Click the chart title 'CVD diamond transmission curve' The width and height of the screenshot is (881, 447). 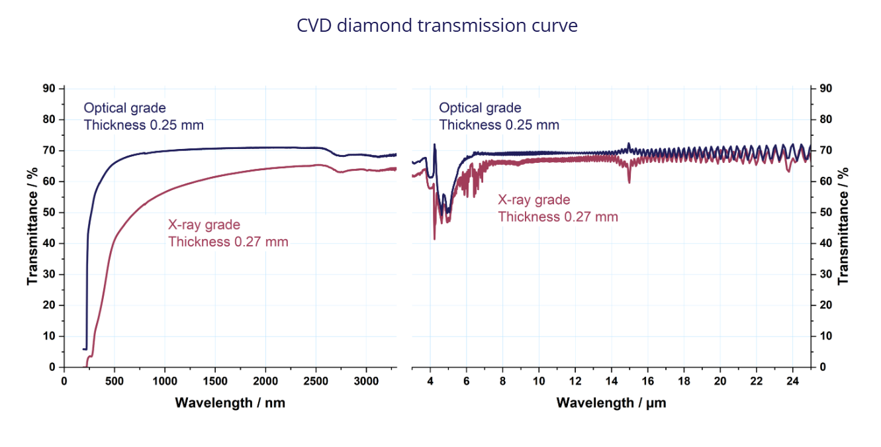[x=437, y=26]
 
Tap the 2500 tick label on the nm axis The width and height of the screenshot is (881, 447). [x=316, y=381]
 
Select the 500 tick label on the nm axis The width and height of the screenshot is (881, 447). [x=115, y=381]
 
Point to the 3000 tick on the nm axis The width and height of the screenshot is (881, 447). [x=366, y=381]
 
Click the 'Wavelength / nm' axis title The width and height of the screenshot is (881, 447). [x=230, y=402]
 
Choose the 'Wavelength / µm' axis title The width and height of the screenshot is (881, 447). [x=611, y=402]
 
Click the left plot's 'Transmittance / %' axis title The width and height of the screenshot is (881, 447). [x=32, y=227]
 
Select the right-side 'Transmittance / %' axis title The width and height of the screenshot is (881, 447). [x=843, y=227]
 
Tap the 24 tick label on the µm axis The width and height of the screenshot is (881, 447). [x=792, y=381]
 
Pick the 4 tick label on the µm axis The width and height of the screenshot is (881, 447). [x=430, y=381]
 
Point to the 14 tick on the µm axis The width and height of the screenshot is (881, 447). [x=612, y=381]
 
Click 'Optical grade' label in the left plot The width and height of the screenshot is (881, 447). [x=124, y=108]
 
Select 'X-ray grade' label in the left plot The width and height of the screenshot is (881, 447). [x=204, y=225]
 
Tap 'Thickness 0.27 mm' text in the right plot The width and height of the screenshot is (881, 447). [x=558, y=217]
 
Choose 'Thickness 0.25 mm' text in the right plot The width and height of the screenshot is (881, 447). [x=499, y=124]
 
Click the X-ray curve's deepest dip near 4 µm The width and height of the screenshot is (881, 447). [x=434, y=238]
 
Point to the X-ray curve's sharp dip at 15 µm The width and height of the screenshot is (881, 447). [x=629, y=181]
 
